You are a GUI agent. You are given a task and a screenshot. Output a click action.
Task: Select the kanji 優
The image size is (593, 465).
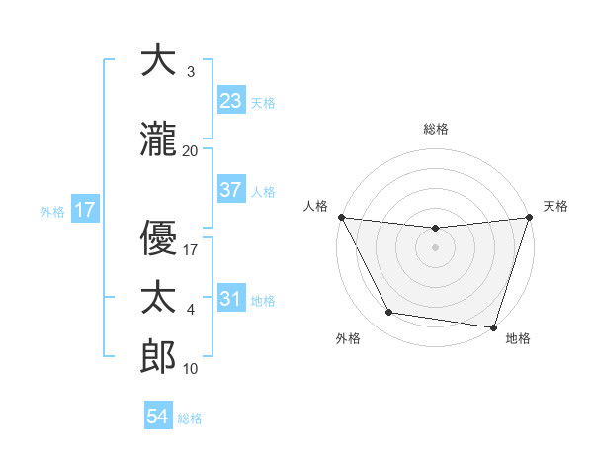point(158,235)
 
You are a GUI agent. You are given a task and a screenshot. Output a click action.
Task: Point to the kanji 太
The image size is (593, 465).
point(158,298)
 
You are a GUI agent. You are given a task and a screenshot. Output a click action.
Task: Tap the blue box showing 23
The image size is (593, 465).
point(231,101)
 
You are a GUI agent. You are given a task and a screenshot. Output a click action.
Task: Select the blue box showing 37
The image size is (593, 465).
point(231,190)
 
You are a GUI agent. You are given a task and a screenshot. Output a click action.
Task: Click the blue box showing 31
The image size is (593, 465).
point(231,299)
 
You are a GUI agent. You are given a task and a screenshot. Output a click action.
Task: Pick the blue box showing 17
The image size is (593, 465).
point(84,210)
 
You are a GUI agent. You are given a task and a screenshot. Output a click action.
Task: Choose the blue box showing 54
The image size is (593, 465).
point(158,417)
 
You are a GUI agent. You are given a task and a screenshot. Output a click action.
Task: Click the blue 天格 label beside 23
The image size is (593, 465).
point(263,103)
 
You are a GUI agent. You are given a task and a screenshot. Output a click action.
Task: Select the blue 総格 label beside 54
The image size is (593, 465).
point(190,418)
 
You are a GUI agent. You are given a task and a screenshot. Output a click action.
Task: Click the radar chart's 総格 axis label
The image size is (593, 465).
point(436,129)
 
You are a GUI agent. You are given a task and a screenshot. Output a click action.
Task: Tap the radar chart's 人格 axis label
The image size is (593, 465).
point(316,206)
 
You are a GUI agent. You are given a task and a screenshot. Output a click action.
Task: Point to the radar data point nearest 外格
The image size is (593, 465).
point(388,313)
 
